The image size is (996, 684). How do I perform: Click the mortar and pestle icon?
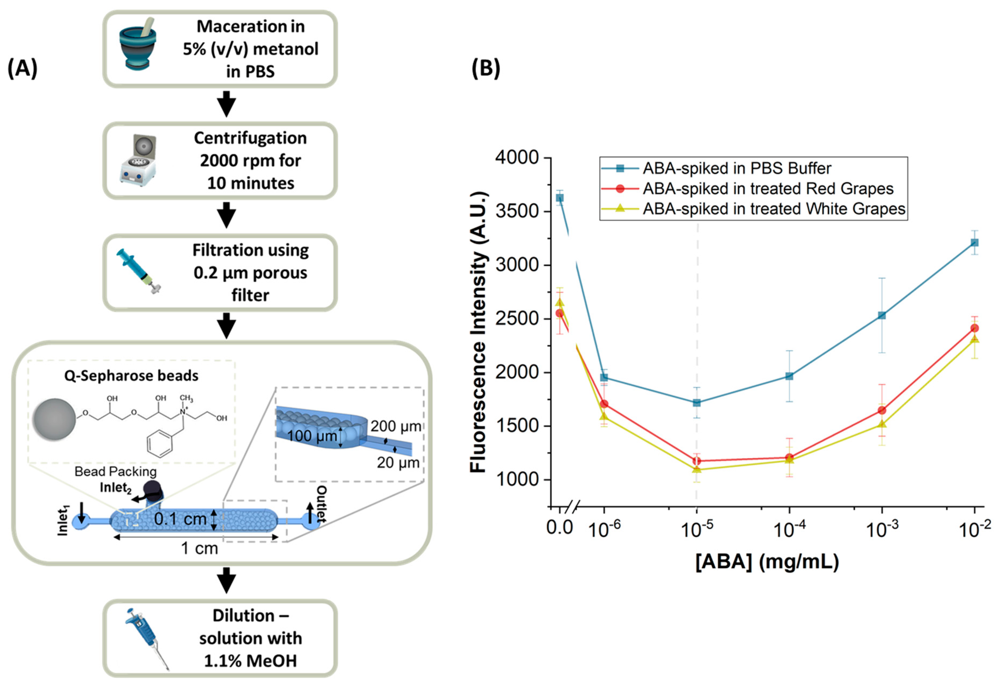click(x=137, y=43)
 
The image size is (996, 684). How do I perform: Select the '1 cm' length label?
click(x=199, y=548)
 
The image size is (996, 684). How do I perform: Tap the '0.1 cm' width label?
click(x=180, y=519)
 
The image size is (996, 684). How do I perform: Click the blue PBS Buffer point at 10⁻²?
click(x=974, y=243)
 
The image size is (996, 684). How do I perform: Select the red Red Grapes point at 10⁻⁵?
click(x=697, y=461)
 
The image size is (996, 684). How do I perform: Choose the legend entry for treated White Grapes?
click(x=773, y=209)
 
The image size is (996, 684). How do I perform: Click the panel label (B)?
click(x=485, y=68)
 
